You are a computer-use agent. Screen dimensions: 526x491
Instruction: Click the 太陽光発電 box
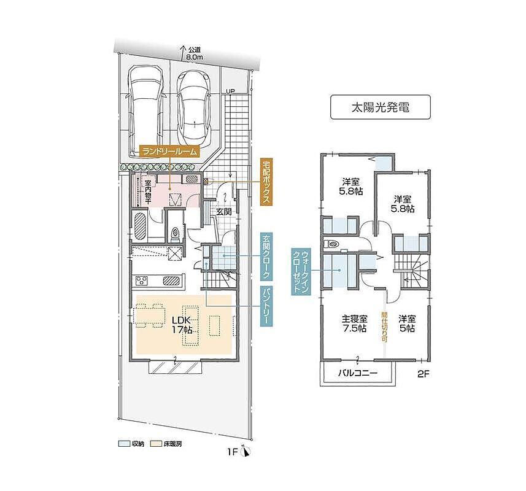click(x=380, y=107)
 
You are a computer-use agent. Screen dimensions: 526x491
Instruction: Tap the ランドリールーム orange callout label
click(x=170, y=152)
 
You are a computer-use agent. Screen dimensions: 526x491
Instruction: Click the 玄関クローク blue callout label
click(x=267, y=257)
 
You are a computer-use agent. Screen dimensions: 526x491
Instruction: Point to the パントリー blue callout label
click(x=267, y=306)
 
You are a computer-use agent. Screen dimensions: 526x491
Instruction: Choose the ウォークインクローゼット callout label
click(x=301, y=272)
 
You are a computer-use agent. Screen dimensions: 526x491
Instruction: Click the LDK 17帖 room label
click(x=182, y=325)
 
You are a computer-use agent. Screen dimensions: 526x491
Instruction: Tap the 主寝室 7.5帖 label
click(x=354, y=323)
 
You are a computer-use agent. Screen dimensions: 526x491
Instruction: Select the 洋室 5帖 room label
click(x=407, y=323)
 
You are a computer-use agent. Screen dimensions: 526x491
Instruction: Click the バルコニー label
click(x=358, y=373)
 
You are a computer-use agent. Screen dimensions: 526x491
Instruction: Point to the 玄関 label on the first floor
click(x=223, y=212)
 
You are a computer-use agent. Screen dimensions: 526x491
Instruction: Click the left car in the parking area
click(x=145, y=111)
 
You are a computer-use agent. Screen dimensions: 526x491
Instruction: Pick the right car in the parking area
click(x=195, y=108)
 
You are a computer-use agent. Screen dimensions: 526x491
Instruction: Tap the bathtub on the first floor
click(x=140, y=226)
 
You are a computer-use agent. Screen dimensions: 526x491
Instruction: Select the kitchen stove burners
click(x=142, y=280)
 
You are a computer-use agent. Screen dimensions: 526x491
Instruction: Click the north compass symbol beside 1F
click(x=246, y=452)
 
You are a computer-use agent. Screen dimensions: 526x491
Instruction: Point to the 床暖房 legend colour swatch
click(x=157, y=444)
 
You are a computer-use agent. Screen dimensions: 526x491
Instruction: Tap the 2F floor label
click(x=424, y=374)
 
